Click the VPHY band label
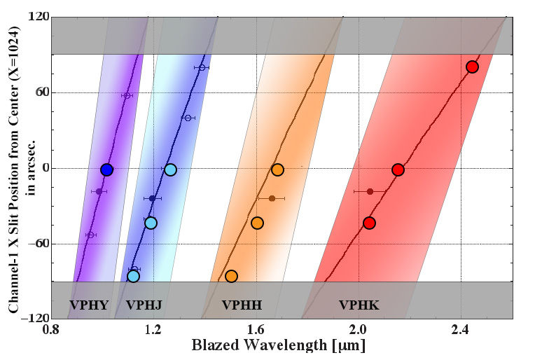tap(89, 305)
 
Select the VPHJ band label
tap(144, 305)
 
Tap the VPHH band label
tap(242, 305)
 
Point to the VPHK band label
tap(359, 305)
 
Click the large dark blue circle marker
tap(106, 169)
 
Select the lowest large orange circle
tap(232, 276)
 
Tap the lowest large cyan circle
tap(134, 276)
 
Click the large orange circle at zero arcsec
tap(277, 169)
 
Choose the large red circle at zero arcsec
tap(398, 169)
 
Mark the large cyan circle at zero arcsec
tap(171, 169)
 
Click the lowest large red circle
tap(370, 223)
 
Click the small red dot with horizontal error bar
tap(370, 191)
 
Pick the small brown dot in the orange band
tap(272, 198)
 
